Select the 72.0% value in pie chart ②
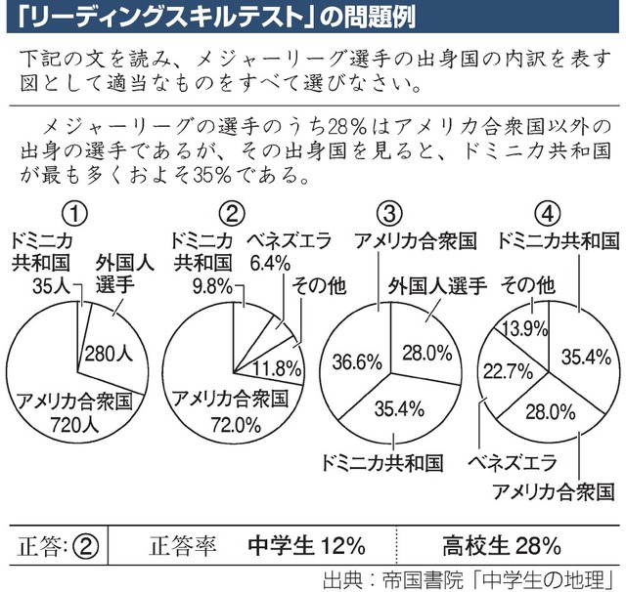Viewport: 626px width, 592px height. [x=229, y=424]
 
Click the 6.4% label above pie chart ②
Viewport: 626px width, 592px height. [x=271, y=262]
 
